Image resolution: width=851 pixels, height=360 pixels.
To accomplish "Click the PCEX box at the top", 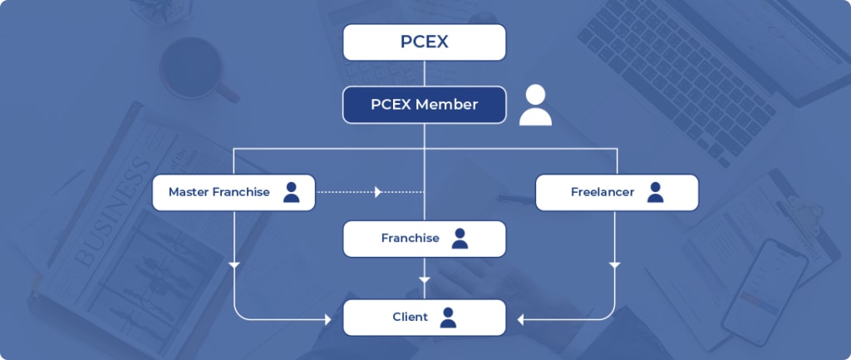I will click(424, 42).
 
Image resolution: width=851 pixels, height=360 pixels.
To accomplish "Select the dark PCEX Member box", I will click(424, 105).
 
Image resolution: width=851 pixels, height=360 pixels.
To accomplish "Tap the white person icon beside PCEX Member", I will click(535, 106).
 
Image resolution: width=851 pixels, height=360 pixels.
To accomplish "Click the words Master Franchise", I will click(219, 192).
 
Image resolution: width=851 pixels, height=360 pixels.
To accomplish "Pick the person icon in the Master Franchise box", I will click(291, 192).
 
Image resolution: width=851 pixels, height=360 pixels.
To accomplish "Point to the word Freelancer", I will click(602, 192).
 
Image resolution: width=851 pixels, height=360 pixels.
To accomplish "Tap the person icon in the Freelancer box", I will click(655, 192).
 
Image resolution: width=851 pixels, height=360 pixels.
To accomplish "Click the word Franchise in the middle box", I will click(410, 239).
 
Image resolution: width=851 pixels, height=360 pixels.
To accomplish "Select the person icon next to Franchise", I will click(460, 239).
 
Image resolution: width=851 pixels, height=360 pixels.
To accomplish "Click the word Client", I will click(410, 317).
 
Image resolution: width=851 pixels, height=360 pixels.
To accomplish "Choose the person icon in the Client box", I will click(448, 317).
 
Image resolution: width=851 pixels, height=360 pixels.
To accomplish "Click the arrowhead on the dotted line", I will click(378, 192).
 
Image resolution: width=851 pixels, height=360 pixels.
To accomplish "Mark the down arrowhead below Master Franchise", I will click(234, 265).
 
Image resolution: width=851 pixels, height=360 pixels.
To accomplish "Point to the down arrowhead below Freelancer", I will click(614, 265).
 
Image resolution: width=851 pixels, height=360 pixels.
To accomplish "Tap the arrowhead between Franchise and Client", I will click(425, 279).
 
